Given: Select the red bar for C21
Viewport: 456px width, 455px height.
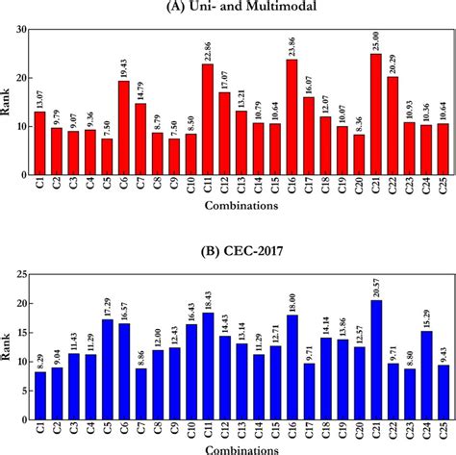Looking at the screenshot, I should pos(375,115).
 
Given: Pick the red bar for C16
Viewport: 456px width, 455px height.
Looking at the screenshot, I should pos(291,117).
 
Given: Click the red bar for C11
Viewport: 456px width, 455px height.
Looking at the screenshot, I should pos(207,120).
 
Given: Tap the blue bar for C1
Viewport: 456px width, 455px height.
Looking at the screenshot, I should pos(38,386).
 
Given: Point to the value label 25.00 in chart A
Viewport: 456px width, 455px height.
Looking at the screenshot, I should pos(375,38).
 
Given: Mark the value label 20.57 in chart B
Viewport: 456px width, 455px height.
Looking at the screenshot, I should pos(375,284).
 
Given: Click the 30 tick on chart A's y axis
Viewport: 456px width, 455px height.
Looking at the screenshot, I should pos(19,29).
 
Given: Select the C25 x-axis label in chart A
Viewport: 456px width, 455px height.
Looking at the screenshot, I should pos(443,190).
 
